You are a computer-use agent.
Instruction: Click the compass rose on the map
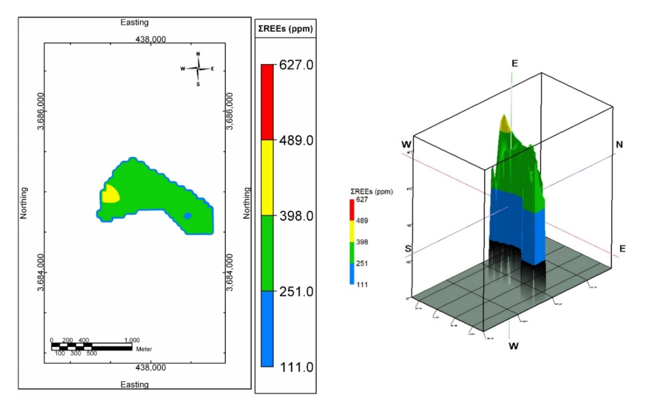198,69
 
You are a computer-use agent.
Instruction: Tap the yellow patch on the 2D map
111,195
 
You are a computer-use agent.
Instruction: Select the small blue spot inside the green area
188,216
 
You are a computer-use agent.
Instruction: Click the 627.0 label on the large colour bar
296,65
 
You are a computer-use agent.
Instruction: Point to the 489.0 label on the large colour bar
296,140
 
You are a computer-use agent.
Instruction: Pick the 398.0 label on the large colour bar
296,216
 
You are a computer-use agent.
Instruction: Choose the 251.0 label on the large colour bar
296,291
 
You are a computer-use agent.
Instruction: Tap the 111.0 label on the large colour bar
296,367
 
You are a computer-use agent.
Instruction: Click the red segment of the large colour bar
267,102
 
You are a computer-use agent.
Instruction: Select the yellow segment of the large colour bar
267,177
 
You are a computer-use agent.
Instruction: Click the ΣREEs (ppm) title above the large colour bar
285,29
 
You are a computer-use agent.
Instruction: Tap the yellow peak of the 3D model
504,124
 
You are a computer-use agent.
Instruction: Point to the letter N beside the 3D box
619,145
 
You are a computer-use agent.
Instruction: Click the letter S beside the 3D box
408,249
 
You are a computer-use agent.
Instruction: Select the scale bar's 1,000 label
132,340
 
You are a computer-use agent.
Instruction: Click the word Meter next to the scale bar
144,349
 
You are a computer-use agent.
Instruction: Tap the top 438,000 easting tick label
151,39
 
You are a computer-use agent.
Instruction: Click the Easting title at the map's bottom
134,385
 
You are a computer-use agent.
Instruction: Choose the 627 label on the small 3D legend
362,199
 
